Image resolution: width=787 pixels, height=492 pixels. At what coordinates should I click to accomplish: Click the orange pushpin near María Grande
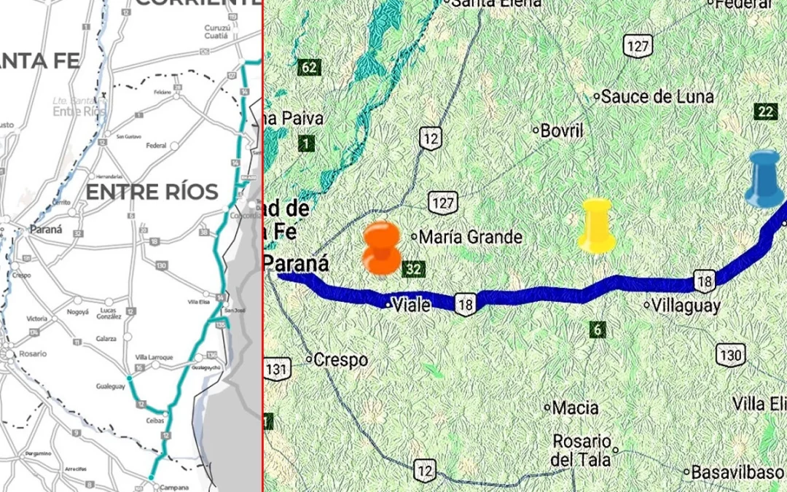pos(381,249)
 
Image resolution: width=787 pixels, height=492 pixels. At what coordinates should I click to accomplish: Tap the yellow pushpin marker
pos(597,226)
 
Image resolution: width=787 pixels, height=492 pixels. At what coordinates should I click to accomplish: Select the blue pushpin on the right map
pos(764,178)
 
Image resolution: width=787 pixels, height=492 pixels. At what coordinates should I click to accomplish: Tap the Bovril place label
pos(562,131)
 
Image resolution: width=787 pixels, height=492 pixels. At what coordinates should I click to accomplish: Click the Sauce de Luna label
pos(657,96)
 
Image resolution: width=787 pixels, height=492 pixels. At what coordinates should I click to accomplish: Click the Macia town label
pos(576,407)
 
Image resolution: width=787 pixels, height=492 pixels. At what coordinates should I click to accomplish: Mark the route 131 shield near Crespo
pos(276,369)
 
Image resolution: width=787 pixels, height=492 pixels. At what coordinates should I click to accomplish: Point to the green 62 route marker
pos(309,68)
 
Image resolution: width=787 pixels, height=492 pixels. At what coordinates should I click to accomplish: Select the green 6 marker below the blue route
pos(598,329)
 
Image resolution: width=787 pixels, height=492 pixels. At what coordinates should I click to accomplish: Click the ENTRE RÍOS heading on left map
pos(152,192)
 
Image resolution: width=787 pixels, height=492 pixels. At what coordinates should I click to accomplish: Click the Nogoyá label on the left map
pos(77,311)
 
